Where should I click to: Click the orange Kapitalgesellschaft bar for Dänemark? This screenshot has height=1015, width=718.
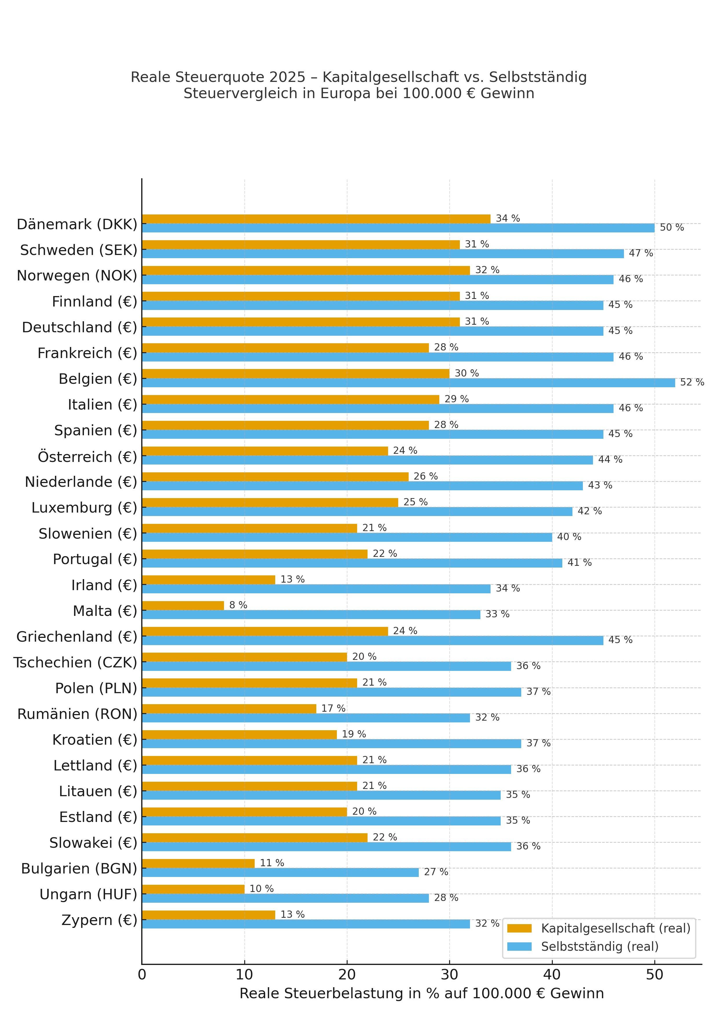click(x=316, y=219)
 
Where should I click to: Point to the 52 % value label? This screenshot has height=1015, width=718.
click(x=692, y=382)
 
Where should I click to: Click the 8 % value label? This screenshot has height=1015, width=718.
click(x=238, y=605)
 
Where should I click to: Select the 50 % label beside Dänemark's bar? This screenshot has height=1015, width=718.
click(x=672, y=228)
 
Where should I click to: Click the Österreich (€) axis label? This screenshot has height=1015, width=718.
click(x=87, y=457)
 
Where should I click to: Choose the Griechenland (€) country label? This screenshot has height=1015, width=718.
click(x=77, y=637)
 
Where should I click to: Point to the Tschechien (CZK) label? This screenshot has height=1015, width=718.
click(x=75, y=663)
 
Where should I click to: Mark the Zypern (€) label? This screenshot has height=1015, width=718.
click(x=100, y=920)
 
